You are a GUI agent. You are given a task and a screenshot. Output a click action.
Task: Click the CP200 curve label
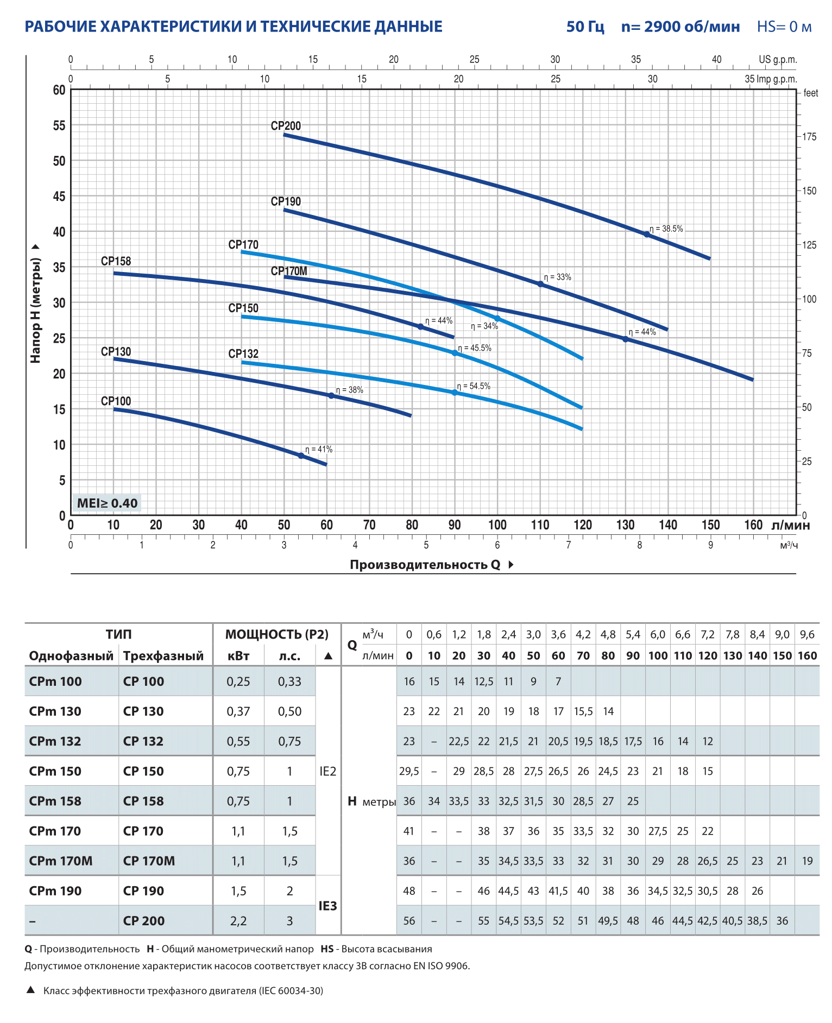286,126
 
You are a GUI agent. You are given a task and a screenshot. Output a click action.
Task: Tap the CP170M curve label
289,271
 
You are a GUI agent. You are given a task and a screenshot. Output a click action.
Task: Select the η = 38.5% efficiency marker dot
647,235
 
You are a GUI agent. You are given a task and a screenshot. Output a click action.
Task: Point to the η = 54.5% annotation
474,386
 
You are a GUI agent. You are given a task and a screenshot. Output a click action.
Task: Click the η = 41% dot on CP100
301,456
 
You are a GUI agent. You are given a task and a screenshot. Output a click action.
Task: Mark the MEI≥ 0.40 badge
107,503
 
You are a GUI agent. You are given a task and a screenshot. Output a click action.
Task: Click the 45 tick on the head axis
59,196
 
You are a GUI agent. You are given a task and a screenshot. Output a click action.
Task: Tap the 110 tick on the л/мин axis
540,525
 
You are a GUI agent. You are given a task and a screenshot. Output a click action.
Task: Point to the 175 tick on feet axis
809,137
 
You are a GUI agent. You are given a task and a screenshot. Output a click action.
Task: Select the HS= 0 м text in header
784,27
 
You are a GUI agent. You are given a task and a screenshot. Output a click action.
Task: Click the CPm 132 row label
55,741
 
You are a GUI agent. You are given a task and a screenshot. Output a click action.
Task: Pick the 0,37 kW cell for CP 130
238,711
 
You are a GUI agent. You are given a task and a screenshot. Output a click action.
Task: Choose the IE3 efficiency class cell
327,906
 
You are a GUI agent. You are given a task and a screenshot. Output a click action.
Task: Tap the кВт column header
238,656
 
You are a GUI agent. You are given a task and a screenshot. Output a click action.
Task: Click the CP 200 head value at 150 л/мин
782,921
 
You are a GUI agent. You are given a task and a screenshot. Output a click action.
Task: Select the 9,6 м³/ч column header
807,634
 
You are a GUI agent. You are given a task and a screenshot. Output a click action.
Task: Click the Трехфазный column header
163,656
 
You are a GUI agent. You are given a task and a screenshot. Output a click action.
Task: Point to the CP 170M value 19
807,861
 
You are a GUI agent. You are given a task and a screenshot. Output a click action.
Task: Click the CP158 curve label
116,261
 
